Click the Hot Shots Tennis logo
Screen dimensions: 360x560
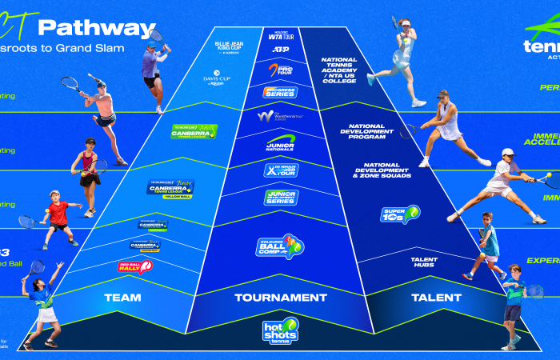pyautogui.click(x=280, y=331)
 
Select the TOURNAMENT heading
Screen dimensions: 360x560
pyautogui.click(x=280, y=298)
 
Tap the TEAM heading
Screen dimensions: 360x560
pyautogui.click(x=122, y=298)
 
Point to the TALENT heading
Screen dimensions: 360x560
pyautogui.click(x=436, y=298)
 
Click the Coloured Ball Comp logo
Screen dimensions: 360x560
pyautogui.click(x=280, y=246)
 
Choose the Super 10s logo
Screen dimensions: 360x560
pyautogui.click(x=400, y=214)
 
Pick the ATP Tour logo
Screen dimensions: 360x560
pyautogui.click(x=280, y=49)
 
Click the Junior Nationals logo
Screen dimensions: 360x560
pyautogui.click(x=281, y=142)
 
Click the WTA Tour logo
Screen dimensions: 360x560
pyautogui.click(x=280, y=34)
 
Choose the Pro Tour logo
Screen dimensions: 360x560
pyautogui.click(x=280, y=70)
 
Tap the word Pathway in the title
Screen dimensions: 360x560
pyautogui.click(x=96, y=28)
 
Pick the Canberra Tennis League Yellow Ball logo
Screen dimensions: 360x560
pyautogui.click(x=170, y=188)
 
